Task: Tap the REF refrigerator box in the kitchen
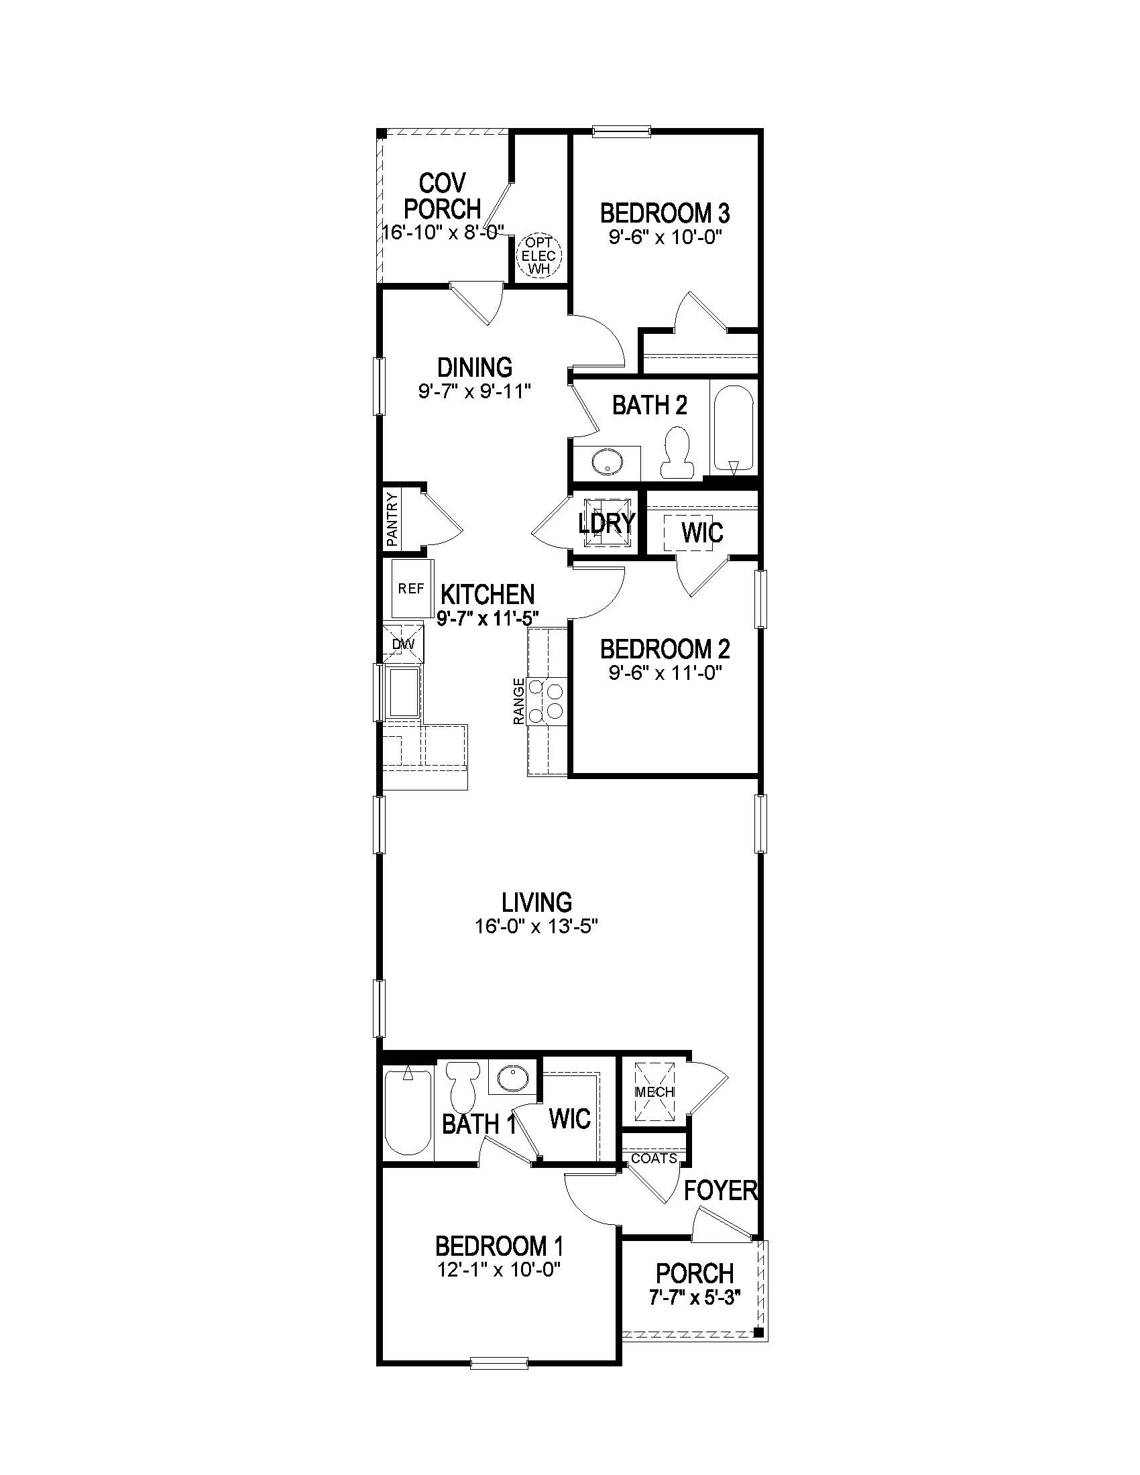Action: (410, 589)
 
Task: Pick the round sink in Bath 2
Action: (606, 462)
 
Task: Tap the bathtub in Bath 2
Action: (733, 429)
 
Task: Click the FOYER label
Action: (720, 1191)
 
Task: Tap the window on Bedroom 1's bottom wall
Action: (498, 1362)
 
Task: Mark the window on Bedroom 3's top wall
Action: (622, 131)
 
